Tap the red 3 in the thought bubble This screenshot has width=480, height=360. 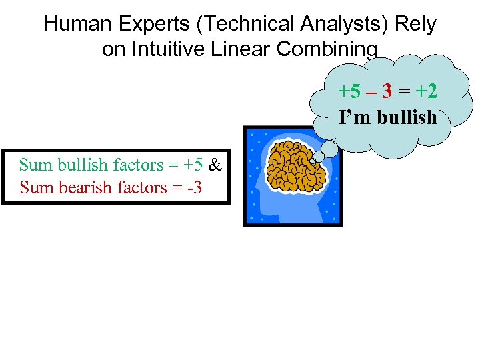[x=386, y=91]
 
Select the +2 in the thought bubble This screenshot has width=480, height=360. [x=425, y=91]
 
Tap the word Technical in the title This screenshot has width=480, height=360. [x=249, y=25]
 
